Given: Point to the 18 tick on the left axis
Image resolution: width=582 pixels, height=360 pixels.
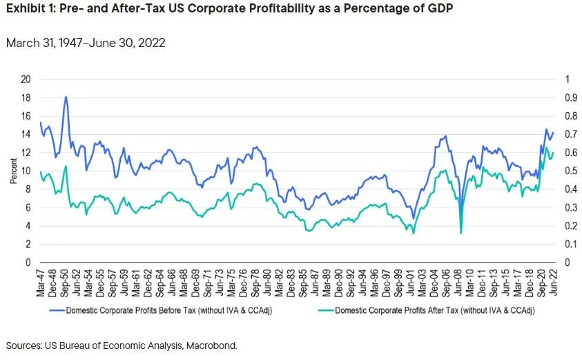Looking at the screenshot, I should (27, 97).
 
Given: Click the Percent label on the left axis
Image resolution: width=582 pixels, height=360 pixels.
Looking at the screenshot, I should (13, 171).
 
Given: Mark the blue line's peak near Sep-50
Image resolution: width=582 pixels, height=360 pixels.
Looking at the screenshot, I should (66, 97).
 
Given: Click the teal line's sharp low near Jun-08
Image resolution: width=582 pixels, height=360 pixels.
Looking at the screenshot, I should (460, 234).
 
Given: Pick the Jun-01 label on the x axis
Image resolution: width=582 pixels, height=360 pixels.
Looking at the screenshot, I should (414, 279).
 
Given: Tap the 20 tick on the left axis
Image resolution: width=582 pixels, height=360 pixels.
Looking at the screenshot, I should (27, 79).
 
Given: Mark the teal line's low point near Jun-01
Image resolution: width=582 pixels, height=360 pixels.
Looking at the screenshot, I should (414, 234).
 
